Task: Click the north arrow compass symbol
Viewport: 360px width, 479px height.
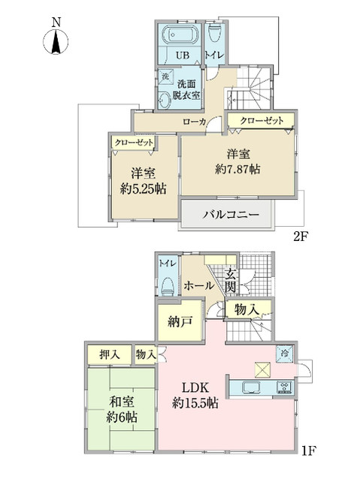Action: [x=56, y=39]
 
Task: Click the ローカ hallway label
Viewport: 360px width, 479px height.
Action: [x=195, y=121]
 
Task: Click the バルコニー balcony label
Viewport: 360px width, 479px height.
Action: [x=231, y=214]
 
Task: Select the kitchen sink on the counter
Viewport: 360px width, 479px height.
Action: [x=250, y=387]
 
